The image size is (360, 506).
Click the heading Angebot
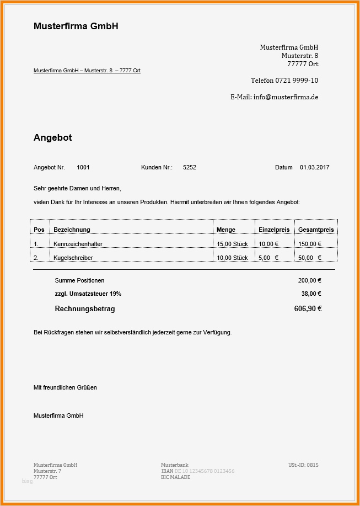tap(52, 137)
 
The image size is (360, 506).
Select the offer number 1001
tap(83, 167)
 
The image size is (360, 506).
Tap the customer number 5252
tap(190, 167)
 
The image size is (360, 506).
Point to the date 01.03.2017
tap(314, 167)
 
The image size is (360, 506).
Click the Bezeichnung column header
tap(72, 230)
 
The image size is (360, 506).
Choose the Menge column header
tap(226, 230)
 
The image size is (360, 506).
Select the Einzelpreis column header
tap(274, 230)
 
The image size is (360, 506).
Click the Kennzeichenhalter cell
tap(78, 244)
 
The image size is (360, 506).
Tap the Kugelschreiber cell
tap(73, 258)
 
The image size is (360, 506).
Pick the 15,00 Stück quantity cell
tap(232, 244)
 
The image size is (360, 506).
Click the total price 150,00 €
tap(310, 244)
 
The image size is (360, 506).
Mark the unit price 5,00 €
tap(268, 258)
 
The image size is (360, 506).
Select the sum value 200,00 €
tap(310, 280)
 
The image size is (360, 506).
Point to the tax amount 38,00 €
tap(311, 294)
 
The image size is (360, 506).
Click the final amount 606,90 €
tap(308, 309)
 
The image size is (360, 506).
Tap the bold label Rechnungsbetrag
tap(85, 309)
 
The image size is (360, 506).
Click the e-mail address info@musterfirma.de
tap(286, 97)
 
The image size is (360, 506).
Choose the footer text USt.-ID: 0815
tap(303, 465)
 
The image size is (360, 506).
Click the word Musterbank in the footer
tap(175, 465)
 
